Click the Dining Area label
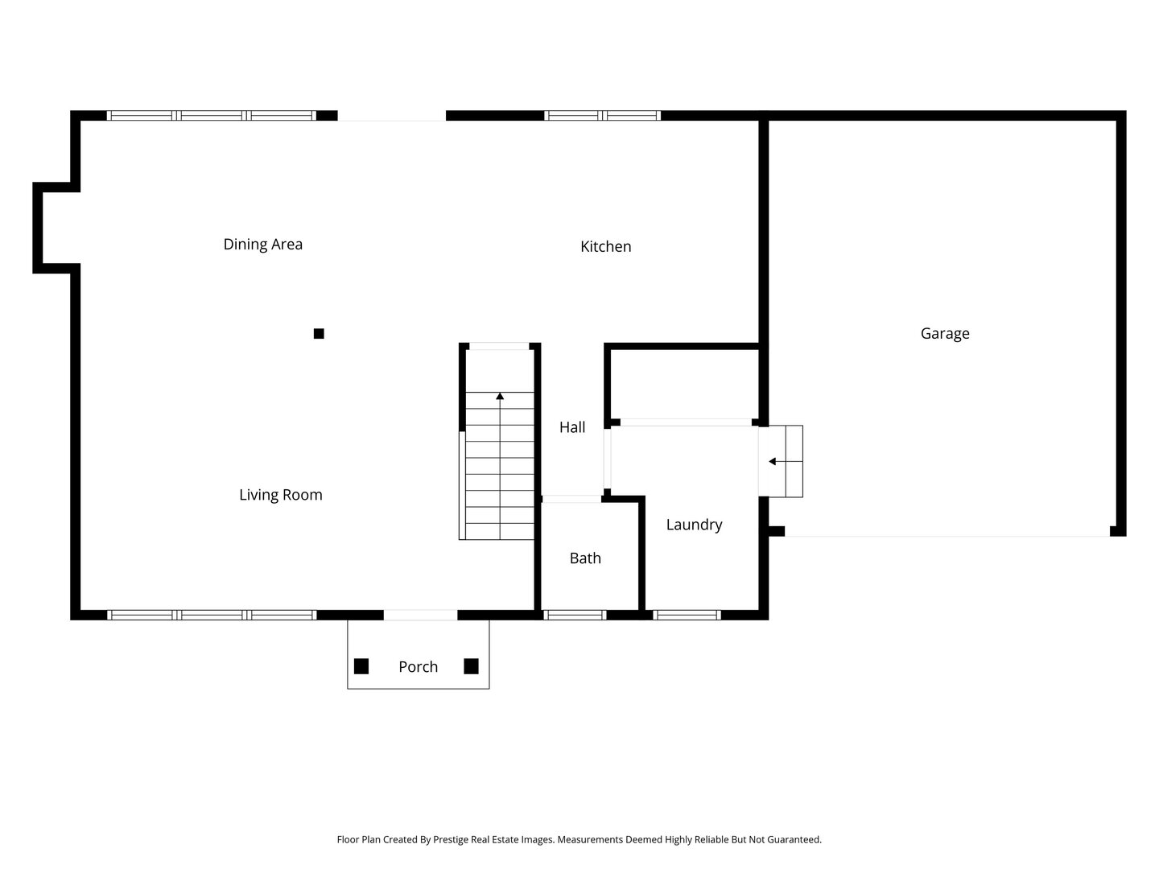pos(262,245)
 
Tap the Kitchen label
pos(605,246)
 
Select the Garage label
pos(945,333)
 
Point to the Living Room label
pos(280,495)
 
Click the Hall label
pos(571,426)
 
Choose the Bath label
pos(585,558)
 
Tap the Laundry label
pos(694,525)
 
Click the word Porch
pos(418,667)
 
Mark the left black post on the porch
pos(361,666)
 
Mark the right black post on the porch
pos(471,666)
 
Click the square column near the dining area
pos(319,333)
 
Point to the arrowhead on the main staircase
pos(500,396)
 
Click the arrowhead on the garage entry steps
pos(772,462)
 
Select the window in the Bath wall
pos(575,615)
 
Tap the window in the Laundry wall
pos(687,615)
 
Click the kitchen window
pos(602,116)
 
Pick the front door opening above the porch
pos(420,615)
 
